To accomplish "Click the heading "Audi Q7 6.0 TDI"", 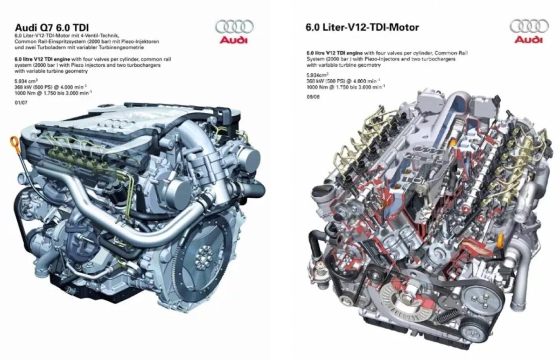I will coord(52,27).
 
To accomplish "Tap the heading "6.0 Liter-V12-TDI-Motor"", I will coord(362,27).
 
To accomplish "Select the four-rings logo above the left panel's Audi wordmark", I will coord(234,27).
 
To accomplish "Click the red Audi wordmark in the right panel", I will coord(529,40).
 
